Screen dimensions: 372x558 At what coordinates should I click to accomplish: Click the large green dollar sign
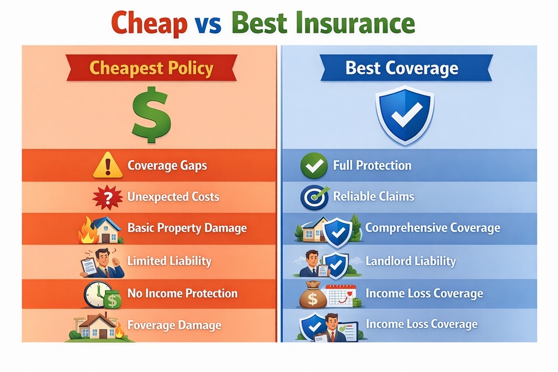(x=150, y=114)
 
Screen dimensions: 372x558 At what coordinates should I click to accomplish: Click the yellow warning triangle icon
(x=107, y=165)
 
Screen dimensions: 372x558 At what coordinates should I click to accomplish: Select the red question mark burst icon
(x=107, y=197)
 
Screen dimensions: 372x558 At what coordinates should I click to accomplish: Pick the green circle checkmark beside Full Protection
(x=314, y=166)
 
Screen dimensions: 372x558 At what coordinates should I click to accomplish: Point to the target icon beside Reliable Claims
(x=314, y=197)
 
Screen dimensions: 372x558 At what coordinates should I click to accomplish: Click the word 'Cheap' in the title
(x=150, y=23)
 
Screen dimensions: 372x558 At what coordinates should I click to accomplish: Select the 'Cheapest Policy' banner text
(x=151, y=69)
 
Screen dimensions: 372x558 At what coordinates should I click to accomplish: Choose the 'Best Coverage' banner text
(x=402, y=69)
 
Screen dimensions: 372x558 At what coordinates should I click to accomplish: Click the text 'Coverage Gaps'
(x=167, y=165)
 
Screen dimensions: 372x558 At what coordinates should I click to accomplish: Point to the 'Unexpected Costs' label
(x=173, y=197)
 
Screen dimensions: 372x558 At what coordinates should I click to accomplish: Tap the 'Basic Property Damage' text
(x=187, y=228)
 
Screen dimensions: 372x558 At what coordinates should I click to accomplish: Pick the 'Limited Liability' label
(x=169, y=261)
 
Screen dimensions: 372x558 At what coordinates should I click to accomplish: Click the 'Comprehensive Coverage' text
(x=433, y=228)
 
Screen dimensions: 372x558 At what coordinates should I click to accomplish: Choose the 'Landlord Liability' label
(x=410, y=261)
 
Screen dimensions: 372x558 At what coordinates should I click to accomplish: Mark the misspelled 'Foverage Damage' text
(x=174, y=326)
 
